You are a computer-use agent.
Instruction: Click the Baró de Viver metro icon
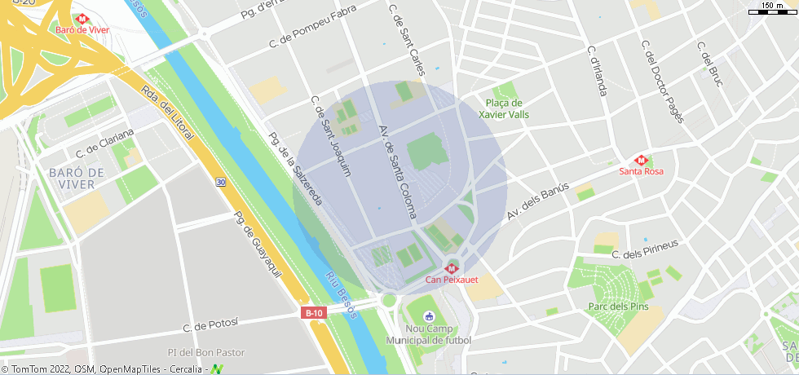(82, 18)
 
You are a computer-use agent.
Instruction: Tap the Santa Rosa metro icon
(640, 160)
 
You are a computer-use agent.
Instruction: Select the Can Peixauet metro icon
(451, 268)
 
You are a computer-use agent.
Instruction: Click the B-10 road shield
(313, 313)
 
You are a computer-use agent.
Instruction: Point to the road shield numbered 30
(221, 183)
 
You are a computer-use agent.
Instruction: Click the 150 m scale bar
(772, 8)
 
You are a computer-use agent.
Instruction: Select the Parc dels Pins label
(618, 307)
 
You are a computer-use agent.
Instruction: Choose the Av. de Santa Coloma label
(398, 172)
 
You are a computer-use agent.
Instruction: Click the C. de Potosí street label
(210, 324)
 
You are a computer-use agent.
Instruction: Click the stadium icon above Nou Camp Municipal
(430, 316)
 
